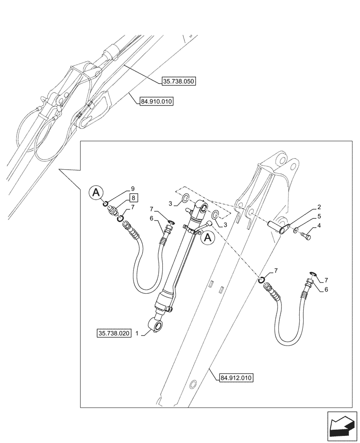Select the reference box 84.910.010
(x=156, y=101)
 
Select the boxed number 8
(x=132, y=198)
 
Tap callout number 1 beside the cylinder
(x=137, y=333)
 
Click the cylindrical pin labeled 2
(x=277, y=227)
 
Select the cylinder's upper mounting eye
(x=203, y=208)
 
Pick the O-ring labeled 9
(x=107, y=204)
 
